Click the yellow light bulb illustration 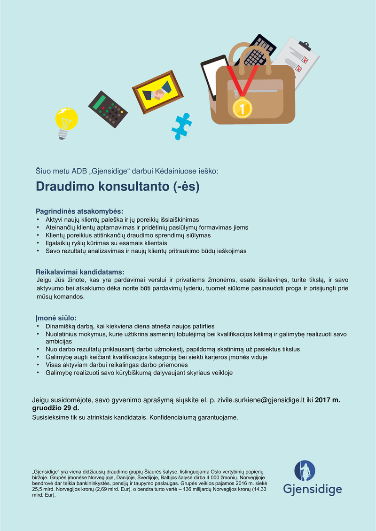point(66,121)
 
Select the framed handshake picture point(157,92)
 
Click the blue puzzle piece point(181,124)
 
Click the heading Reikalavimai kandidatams point(80,272)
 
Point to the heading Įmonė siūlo point(56,318)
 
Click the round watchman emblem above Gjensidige point(305,471)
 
